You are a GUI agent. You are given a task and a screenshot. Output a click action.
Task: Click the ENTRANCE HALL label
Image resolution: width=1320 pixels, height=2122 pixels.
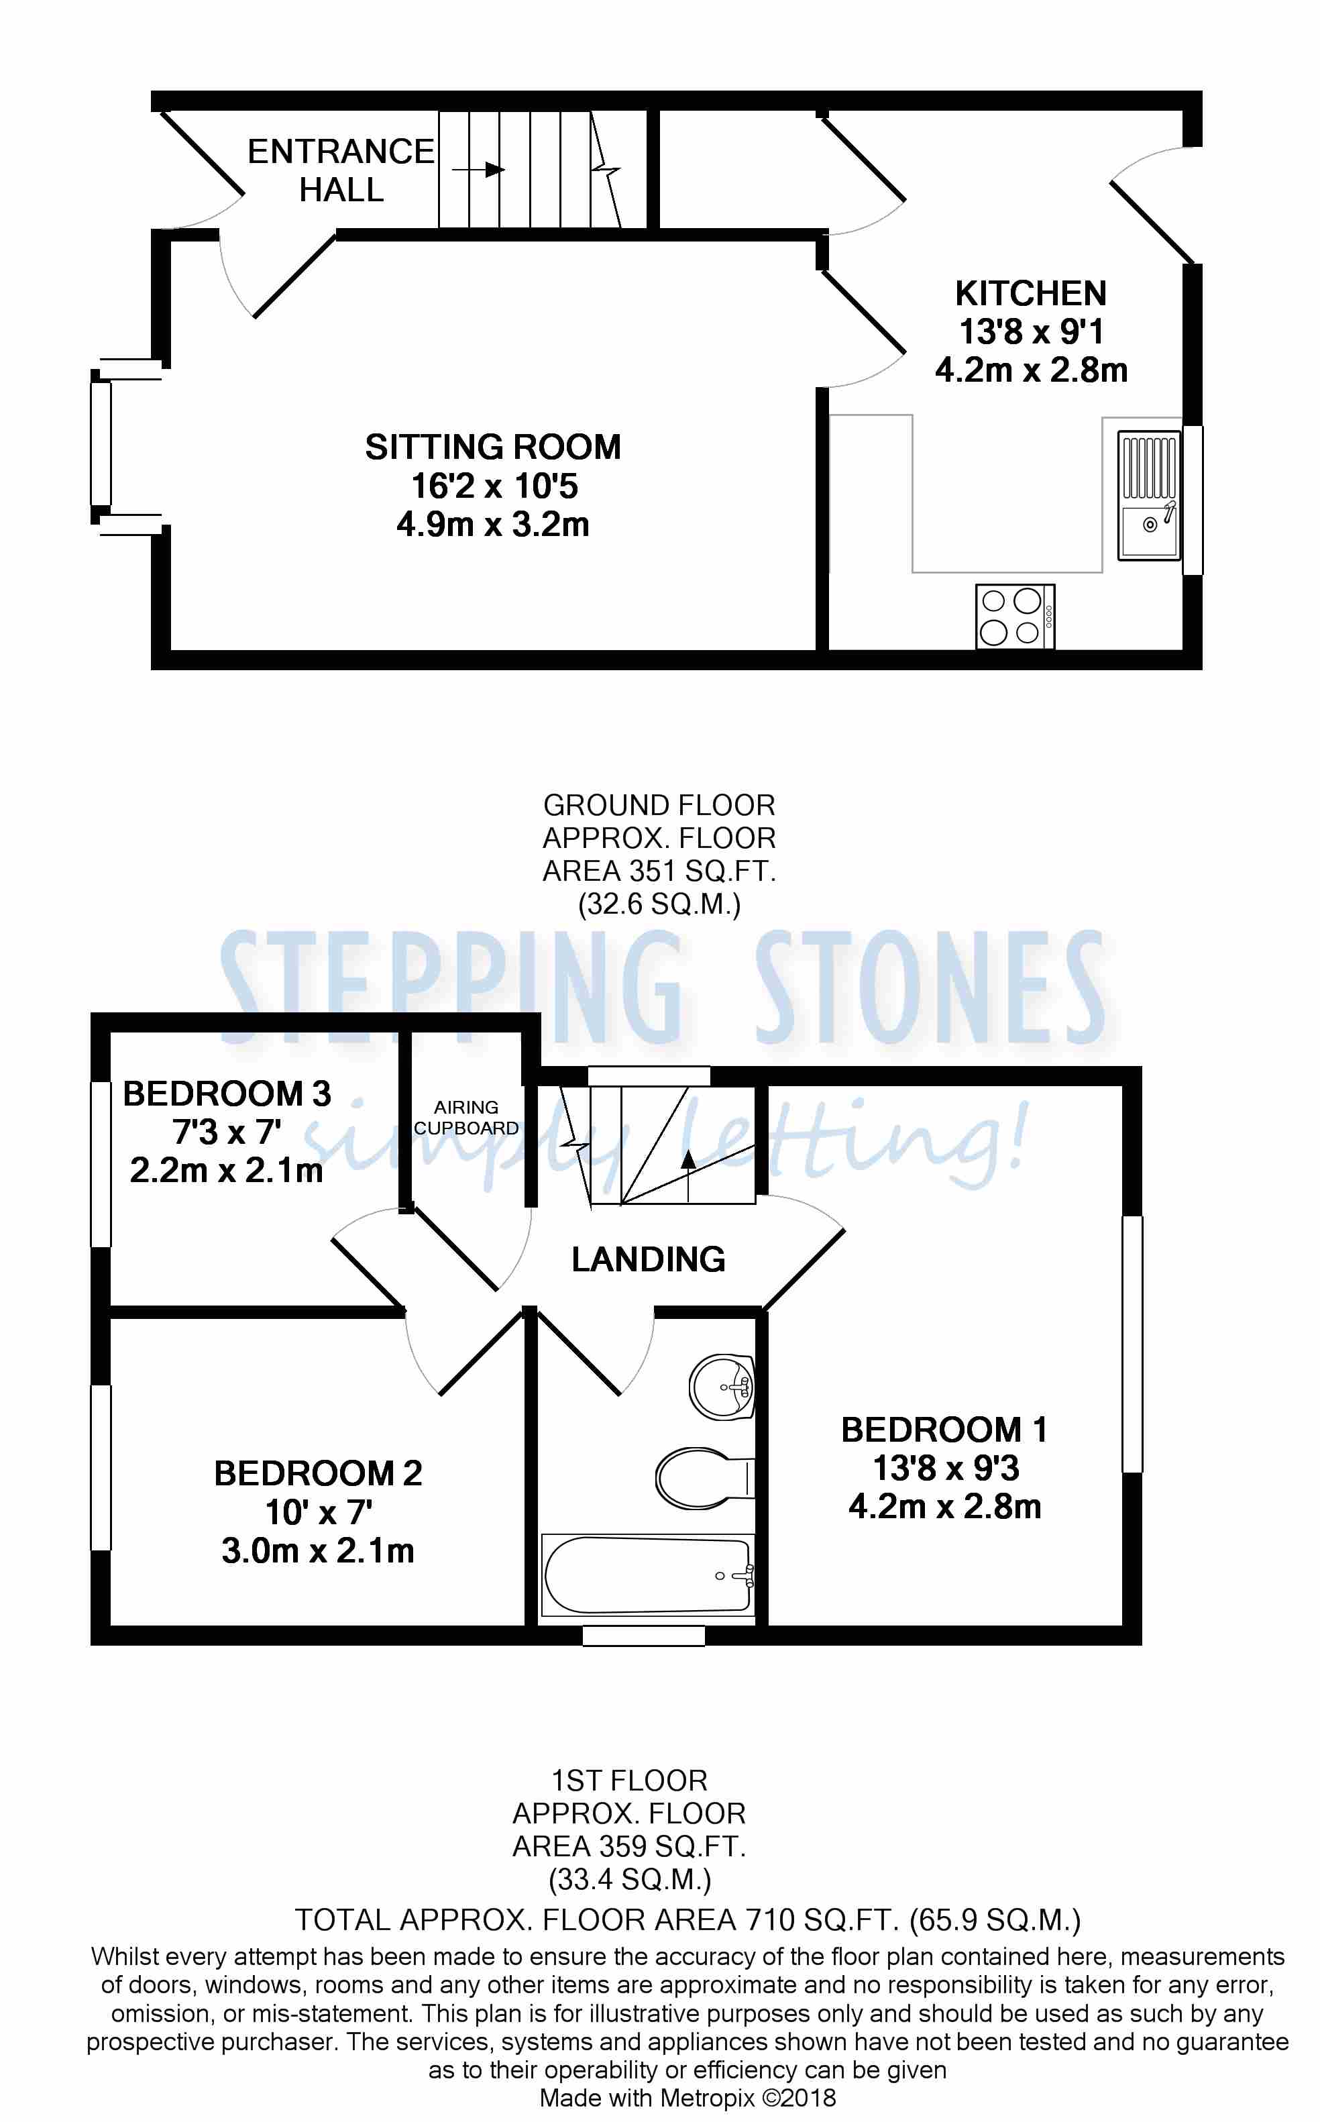[x=341, y=170]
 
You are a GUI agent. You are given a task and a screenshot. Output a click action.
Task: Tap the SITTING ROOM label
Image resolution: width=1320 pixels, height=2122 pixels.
[x=492, y=447]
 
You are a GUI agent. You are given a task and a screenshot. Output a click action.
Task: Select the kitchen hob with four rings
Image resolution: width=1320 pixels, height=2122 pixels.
[x=1014, y=617]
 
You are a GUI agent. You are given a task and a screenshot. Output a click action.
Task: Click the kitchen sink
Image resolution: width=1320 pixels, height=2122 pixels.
[x=1149, y=496]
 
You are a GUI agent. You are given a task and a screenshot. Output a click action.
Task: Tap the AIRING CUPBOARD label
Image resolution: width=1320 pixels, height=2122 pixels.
[x=466, y=1118]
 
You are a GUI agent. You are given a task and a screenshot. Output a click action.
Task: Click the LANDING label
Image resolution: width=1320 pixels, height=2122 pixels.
[x=648, y=1259]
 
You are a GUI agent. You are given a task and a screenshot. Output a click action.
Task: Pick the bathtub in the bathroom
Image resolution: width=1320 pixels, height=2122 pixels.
[x=647, y=1575]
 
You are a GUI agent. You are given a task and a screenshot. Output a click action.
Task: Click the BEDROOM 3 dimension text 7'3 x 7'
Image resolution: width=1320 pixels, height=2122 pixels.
[x=227, y=1132]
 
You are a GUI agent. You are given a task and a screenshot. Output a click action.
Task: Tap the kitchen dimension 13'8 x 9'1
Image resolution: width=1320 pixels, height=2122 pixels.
[x=1031, y=332]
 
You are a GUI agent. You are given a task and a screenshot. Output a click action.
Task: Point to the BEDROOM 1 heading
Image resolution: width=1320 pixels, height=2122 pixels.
[x=944, y=1430]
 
